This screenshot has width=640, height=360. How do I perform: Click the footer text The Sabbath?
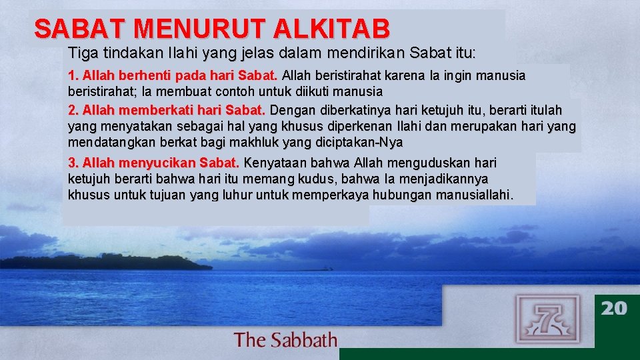click(x=285, y=340)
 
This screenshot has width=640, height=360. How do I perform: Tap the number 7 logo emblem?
click(x=547, y=319)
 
